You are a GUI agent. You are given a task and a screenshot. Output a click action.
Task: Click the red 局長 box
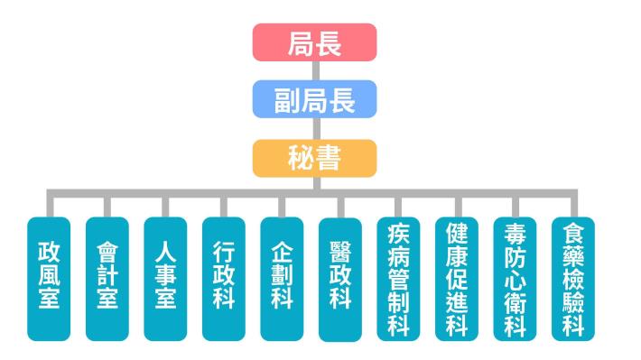click(313, 43)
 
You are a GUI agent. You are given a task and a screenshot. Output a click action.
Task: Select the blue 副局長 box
click(313, 99)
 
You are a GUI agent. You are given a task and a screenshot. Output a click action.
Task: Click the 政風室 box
click(49, 278)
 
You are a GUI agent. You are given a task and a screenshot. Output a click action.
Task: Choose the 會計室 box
click(107, 278)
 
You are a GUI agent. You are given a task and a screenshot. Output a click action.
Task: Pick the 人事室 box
click(165, 278)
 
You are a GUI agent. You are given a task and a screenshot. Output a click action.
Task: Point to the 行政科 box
click(224, 278)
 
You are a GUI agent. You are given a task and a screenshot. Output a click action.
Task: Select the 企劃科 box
click(282, 278)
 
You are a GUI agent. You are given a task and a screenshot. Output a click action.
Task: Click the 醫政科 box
click(340, 278)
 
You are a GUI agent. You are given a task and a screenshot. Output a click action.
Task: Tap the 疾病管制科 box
click(398, 278)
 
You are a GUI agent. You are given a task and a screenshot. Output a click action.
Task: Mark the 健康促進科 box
click(457, 278)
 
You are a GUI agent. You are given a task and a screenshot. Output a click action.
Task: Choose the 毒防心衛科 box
click(515, 278)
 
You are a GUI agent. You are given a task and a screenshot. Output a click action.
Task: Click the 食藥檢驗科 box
click(573, 278)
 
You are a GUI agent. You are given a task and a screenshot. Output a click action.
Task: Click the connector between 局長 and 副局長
click(313, 71)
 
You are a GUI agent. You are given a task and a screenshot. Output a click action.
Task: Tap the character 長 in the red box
click(329, 43)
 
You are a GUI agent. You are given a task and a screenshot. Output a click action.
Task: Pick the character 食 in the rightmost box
click(573, 235)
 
